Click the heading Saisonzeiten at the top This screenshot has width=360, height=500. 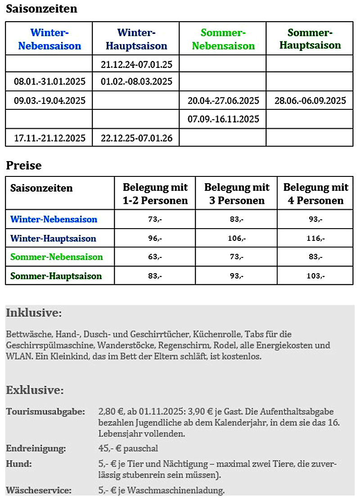41,9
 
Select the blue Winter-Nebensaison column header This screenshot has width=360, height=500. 49,39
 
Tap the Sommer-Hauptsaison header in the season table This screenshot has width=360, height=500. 310,39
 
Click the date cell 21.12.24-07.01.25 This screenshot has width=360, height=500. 136,64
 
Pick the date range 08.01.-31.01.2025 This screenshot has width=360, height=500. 49,82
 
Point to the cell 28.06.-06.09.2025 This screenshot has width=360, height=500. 310,100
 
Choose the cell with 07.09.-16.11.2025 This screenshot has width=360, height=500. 223,119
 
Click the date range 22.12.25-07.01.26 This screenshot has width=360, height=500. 136,137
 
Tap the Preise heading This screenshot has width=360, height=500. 23,166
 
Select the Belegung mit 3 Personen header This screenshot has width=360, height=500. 237,194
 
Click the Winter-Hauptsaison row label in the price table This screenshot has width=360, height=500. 53,239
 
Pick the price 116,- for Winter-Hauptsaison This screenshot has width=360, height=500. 315,239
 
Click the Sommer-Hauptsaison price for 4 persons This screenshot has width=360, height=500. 315,276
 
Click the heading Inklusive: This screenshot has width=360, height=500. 34,313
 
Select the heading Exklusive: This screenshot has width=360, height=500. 35,390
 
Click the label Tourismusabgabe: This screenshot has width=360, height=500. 45,411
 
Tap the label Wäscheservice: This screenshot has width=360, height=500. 39,490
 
